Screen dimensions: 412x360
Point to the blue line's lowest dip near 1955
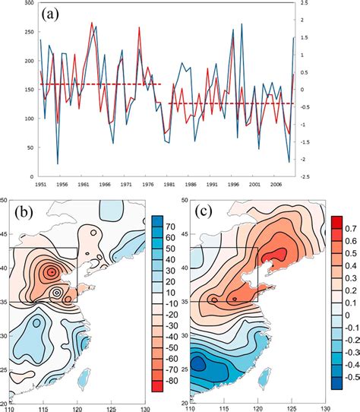(x=58, y=163)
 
